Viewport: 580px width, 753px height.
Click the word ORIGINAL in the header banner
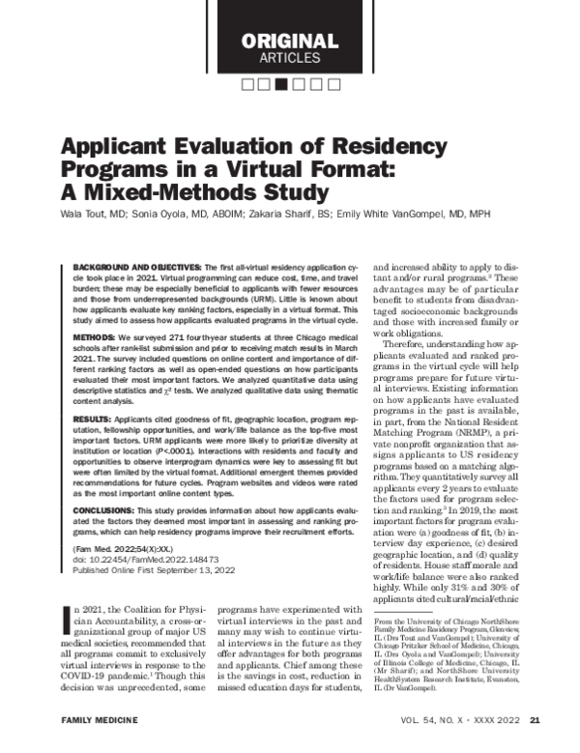[289, 42]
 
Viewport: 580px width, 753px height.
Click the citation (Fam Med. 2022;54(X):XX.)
[132, 548]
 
